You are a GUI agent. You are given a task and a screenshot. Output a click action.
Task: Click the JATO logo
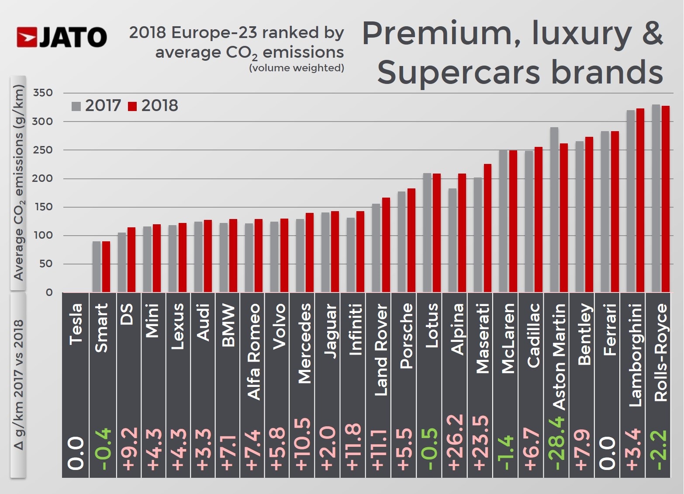(62, 37)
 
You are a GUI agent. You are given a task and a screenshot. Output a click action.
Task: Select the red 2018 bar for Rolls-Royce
(666, 199)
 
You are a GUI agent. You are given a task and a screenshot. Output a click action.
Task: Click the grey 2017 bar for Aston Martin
(554, 210)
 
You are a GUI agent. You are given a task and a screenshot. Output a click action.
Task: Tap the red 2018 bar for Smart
(106, 267)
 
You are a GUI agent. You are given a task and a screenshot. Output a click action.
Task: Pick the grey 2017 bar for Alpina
(453, 240)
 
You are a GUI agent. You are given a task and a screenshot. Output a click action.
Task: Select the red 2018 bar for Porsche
(411, 240)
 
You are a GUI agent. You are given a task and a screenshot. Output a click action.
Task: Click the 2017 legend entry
(97, 106)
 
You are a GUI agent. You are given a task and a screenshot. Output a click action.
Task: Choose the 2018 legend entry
(153, 106)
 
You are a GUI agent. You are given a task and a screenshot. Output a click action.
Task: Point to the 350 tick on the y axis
(43, 93)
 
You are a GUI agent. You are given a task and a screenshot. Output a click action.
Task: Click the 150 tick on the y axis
(43, 207)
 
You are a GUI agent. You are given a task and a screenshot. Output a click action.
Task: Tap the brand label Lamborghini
(636, 355)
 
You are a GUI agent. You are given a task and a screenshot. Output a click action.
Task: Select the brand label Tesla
(76, 324)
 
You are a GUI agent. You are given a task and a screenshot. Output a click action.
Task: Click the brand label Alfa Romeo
(254, 351)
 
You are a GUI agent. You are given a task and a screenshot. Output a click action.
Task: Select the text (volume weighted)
(297, 68)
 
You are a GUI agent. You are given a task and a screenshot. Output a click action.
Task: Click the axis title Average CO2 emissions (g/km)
(18, 183)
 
